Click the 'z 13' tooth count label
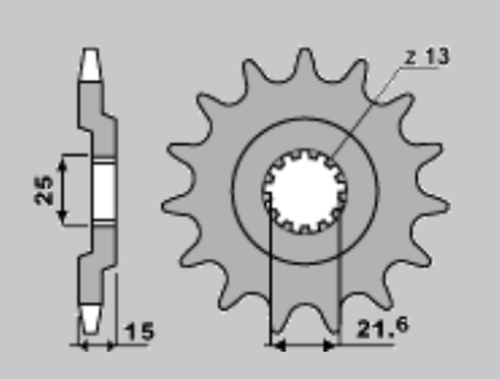(x=426, y=58)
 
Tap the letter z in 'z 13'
(x=409, y=59)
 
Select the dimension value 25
(x=43, y=190)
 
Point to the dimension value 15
(x=139, y=334)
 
